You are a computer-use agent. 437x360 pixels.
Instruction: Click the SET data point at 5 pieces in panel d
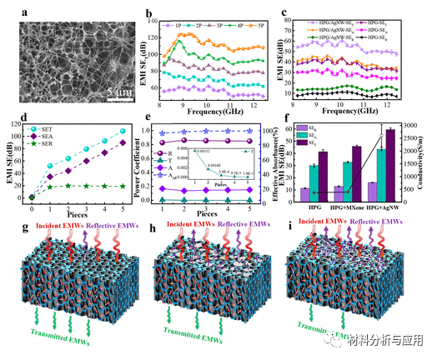tap(123, 131)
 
